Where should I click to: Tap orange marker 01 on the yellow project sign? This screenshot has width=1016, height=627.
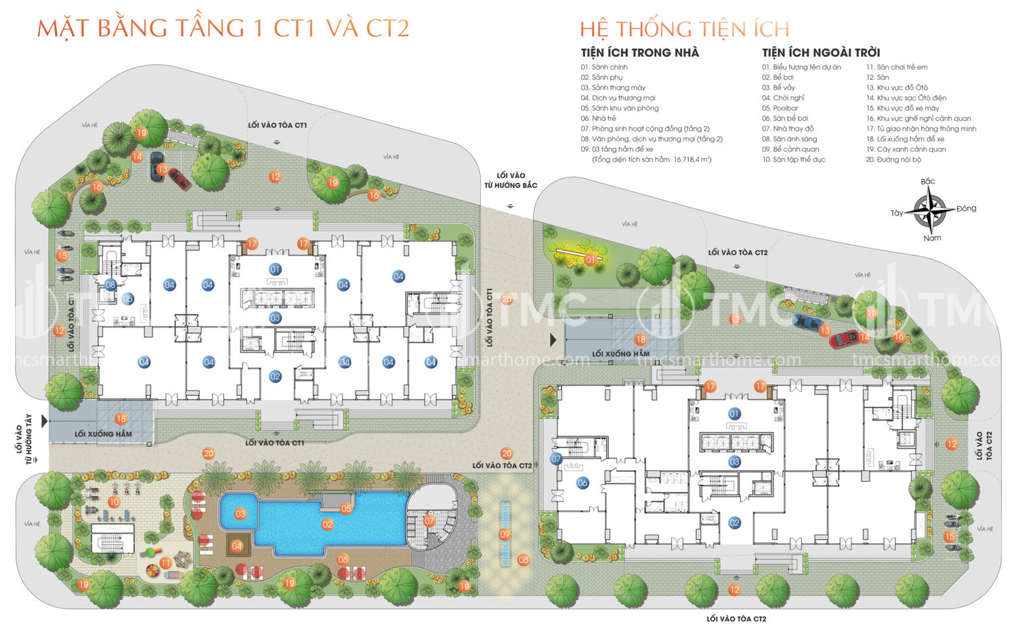pyautogui.click(x=590, y=260)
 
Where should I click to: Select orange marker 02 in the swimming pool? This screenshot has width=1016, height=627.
pyautogui.click(x=328, y=524)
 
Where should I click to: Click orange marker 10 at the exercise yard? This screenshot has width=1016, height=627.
pyautogui.click(x=114, y=502)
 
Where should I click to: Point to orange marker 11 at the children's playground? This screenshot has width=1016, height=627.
pyautogui.click(x=166, y=563)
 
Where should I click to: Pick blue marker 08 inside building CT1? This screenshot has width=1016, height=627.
pyautogui.click(x=110, y=285)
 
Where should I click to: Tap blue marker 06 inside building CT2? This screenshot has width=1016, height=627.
pyautogui.click(x=583, y=483)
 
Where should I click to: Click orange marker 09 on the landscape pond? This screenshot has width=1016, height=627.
pyautogui.click(x=505, y=534)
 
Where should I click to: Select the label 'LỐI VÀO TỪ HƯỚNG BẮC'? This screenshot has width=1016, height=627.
pyautogui.click(x=511, y=180)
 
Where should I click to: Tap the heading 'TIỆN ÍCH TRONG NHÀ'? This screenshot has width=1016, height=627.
pyautogui.click(x=639, y=52)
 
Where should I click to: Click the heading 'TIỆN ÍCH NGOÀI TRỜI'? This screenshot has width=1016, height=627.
pyautogui.click(x=821, y=52)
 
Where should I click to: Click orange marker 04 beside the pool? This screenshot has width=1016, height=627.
pyautogui.click(x=236, y=546)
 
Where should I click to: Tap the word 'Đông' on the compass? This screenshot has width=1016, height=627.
pyautogui.click(x=967, y=208)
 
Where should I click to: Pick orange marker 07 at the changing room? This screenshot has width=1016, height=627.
pyautogui.click(x=429, y=521)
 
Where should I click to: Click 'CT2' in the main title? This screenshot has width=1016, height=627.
pyautogui.click(x=387, y=28)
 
